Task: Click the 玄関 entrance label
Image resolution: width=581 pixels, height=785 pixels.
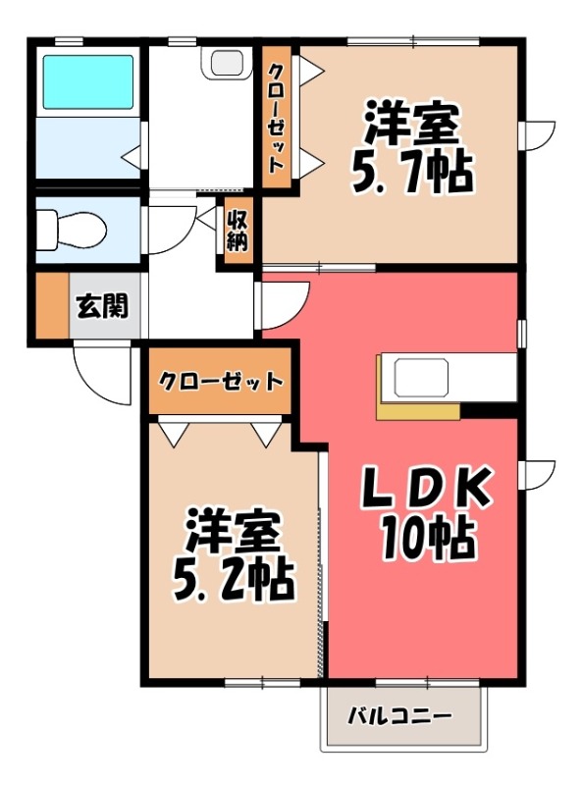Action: point(102,306)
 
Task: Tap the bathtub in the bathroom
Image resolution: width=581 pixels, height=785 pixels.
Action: point(84,84)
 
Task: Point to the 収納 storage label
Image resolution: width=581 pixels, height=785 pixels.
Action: point(237,230)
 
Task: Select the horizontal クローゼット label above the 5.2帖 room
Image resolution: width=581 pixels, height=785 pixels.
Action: point(220,382)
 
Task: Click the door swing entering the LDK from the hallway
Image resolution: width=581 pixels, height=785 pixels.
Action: point(283,303)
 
